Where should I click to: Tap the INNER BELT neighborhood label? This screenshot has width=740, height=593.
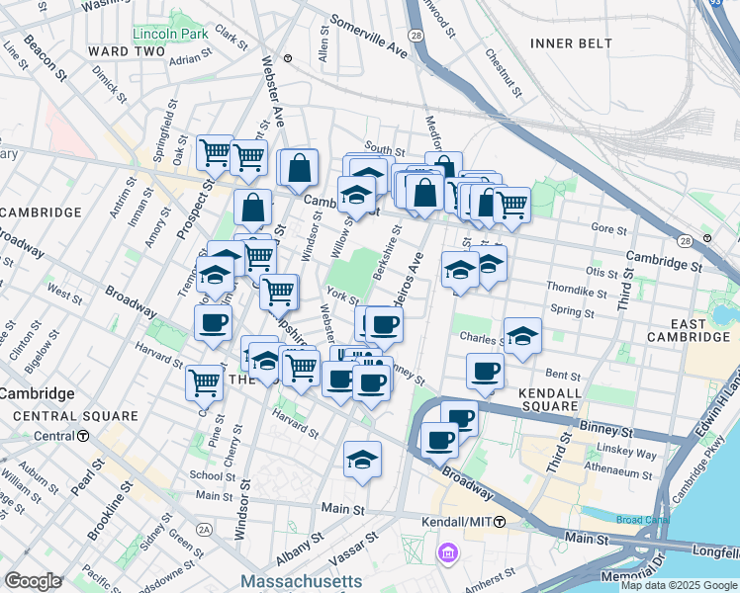click(571, 43)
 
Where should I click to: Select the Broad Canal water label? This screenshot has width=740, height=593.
click(643, 520)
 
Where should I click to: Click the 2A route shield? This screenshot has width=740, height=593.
click(205, 530)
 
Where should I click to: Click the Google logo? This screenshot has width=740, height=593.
click(34, 581)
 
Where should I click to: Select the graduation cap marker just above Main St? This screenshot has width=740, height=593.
click(363, 460)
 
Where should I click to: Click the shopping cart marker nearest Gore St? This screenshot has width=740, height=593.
click(510, 206)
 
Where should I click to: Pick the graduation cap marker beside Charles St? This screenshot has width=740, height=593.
click(522, 336)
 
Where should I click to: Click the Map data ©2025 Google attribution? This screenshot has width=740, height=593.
click(678, 585)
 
